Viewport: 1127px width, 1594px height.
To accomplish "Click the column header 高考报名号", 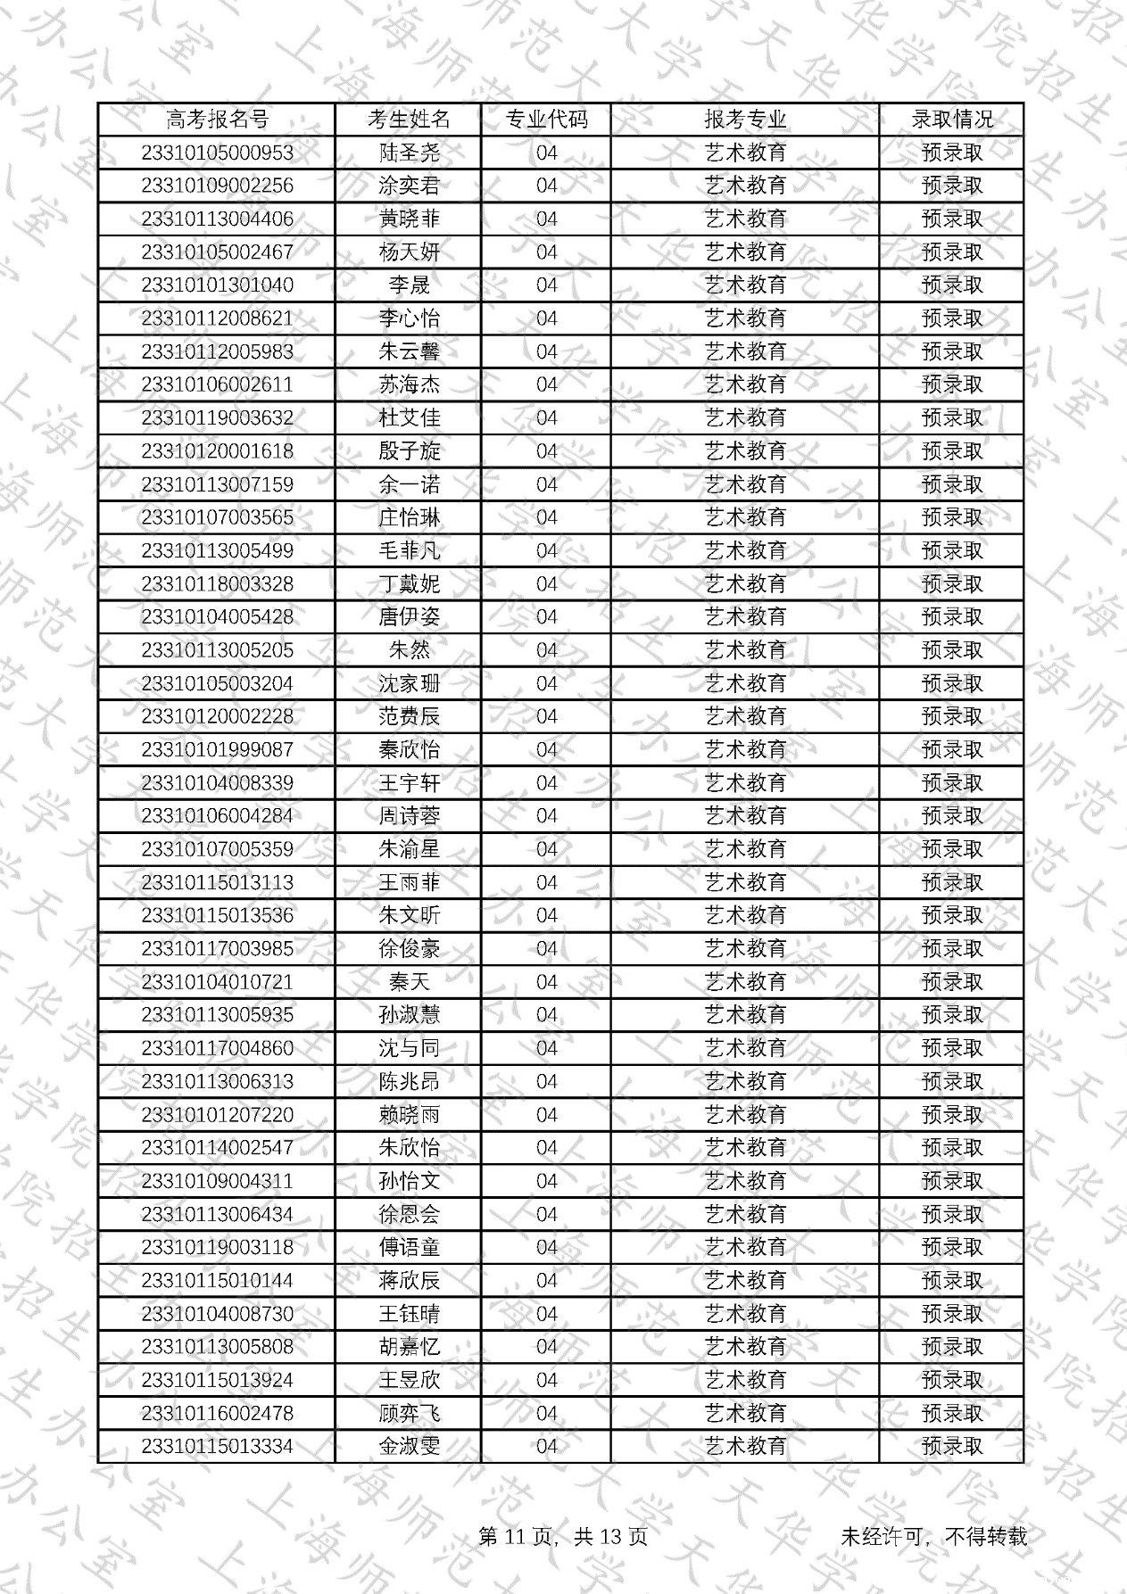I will click(217, 120).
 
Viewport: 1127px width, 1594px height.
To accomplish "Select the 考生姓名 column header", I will click(409, 120).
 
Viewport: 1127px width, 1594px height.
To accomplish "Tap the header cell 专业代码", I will click(546, 120).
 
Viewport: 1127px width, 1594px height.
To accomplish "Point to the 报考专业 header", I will click(745, 120).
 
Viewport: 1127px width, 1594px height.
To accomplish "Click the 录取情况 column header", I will click(951, 120).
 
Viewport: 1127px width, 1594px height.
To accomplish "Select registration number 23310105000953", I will click(217, 153).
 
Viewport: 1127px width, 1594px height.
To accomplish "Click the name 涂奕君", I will click(409, 186).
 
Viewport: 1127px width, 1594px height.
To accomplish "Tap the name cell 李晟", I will click(409, 285).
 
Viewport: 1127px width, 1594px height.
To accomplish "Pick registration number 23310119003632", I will click(217, 417).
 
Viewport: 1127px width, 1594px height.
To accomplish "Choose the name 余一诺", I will click(409, 484).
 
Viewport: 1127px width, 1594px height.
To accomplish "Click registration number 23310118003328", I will click(217, 583).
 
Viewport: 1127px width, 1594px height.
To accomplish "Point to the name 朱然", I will click(409, 650).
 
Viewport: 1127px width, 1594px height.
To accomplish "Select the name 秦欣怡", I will click(409, 749).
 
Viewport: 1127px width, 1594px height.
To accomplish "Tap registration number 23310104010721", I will click(217, 981).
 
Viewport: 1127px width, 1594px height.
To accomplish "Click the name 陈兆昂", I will click(409, 1081).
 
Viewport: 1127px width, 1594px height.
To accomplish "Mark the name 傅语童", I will click(409, 1247).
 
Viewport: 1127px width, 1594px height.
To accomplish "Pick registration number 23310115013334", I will click(217, 1446).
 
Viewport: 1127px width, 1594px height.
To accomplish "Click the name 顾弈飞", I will click(409, 1413).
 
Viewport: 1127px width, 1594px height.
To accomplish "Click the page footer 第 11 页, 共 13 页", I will click(563, 1536).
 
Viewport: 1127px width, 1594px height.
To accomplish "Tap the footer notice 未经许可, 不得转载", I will click(933, 1536).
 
